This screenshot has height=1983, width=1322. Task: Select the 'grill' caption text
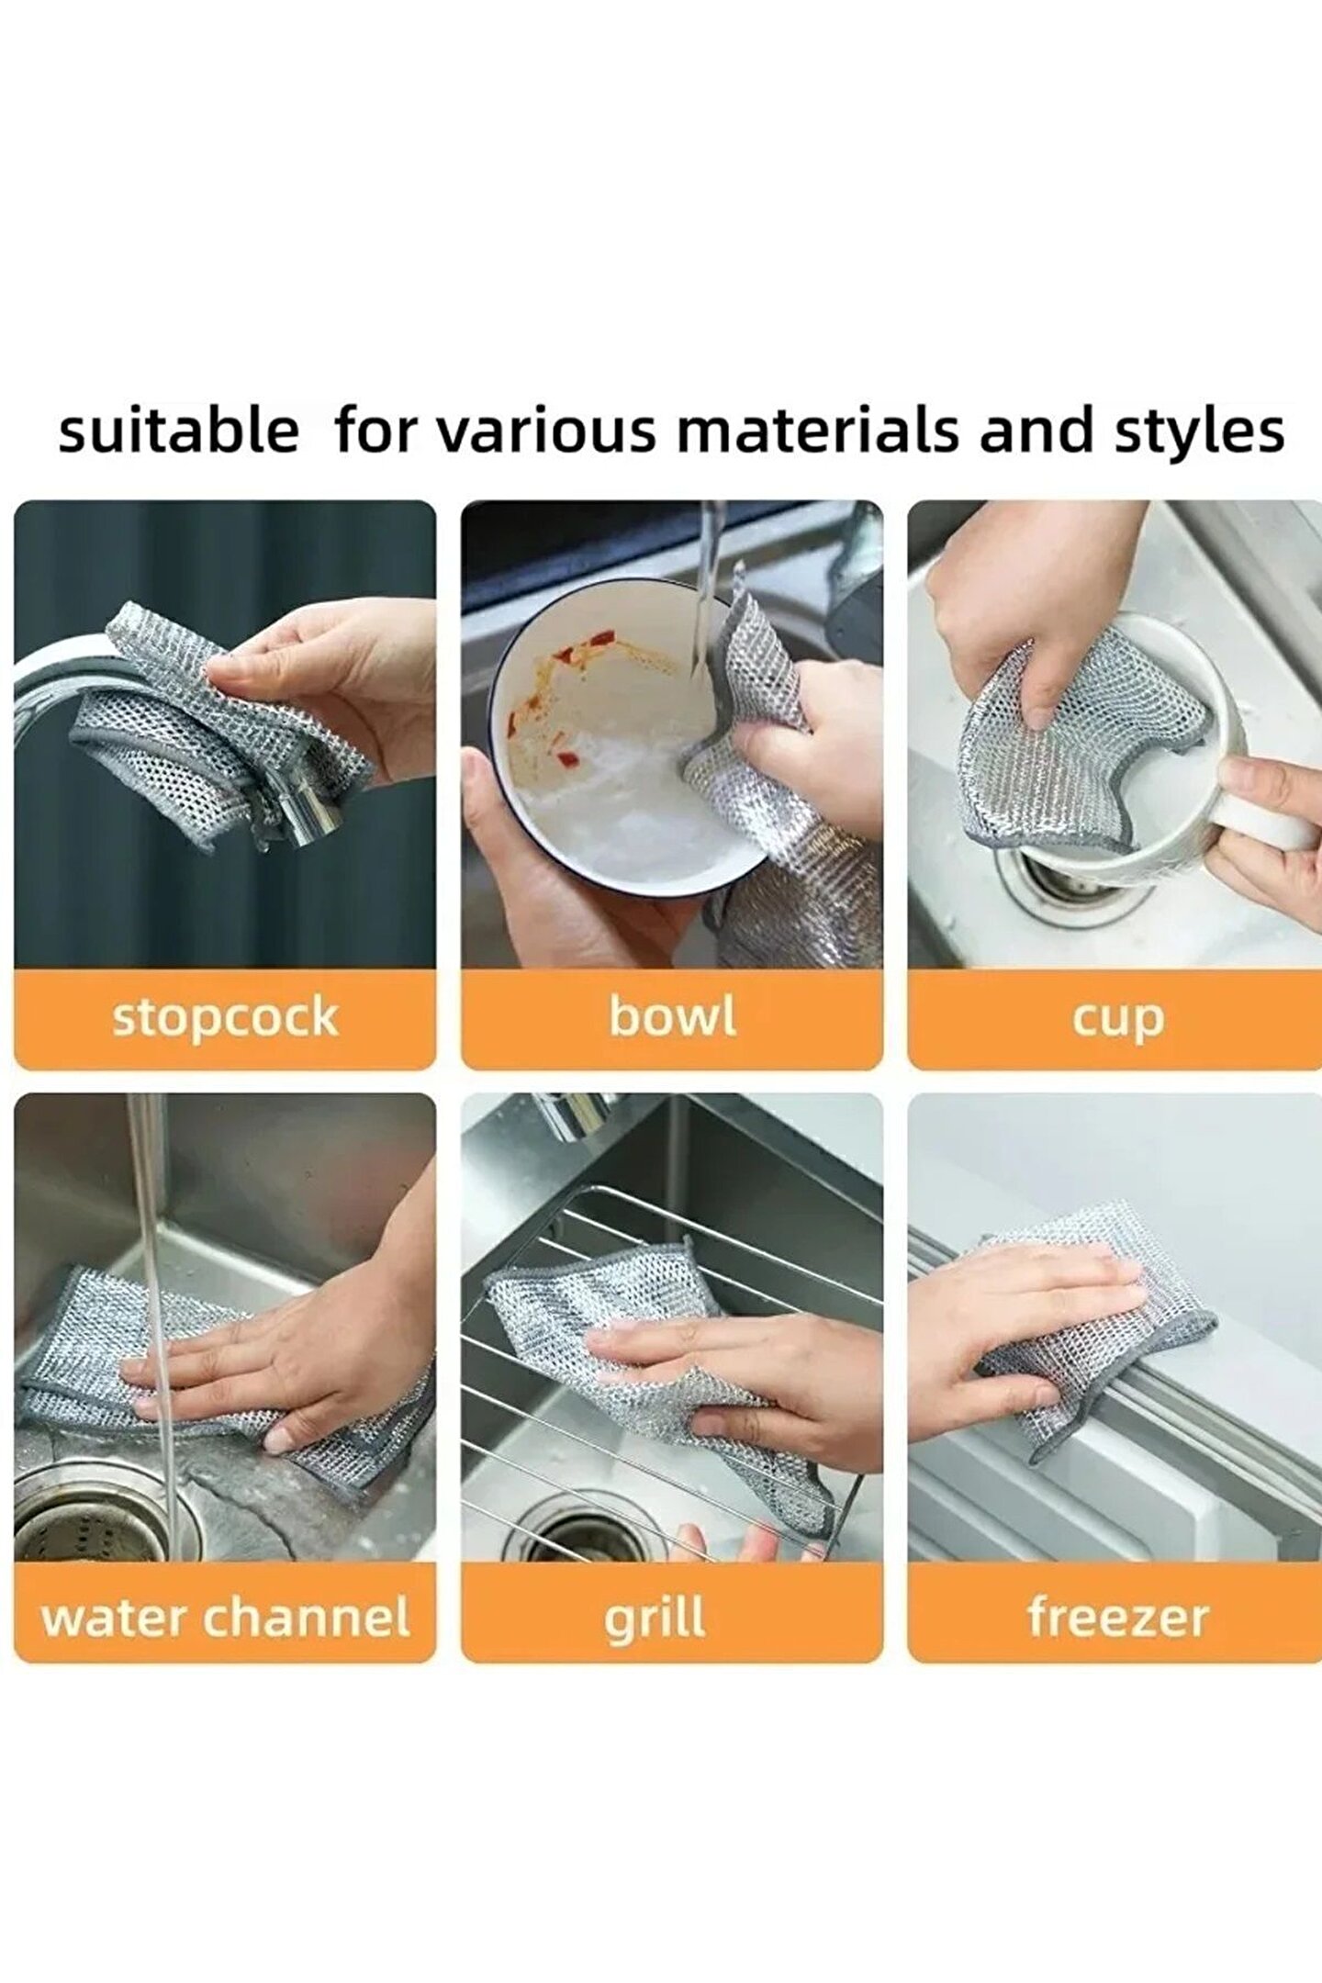pyautogui.click(x=655, y=1619)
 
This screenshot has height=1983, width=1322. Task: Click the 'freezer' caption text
pyautogui.click(x=1117, y=1618)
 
